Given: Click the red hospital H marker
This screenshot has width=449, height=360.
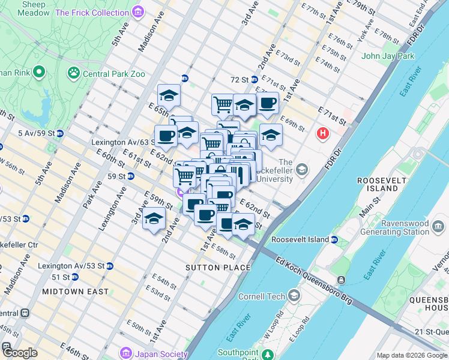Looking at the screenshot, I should (324, 133).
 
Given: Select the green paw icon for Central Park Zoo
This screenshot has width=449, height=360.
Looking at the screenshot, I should (74, 73).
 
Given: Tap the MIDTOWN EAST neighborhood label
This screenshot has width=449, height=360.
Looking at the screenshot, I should (76, 292).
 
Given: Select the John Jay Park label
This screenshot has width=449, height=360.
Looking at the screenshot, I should (388, 56).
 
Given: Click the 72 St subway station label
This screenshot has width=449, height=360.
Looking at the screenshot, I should (240, 80).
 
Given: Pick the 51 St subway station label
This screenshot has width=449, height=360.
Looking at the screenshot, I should (60, 277).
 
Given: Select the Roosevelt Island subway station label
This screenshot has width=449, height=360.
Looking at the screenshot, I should (300, 239).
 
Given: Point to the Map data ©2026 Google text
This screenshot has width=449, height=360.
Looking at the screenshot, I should (412, 355).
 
